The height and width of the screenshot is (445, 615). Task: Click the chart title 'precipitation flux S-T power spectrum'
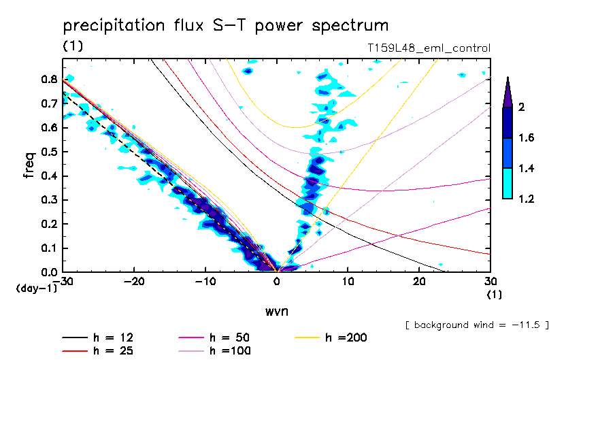coord(225,26)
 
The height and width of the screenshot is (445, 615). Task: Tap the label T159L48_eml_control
coord(428,48)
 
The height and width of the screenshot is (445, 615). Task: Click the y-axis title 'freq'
coord(29,165)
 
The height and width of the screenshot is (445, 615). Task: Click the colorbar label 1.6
coord(527,137)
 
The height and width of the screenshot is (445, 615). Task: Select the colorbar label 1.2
coord(527,199)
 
